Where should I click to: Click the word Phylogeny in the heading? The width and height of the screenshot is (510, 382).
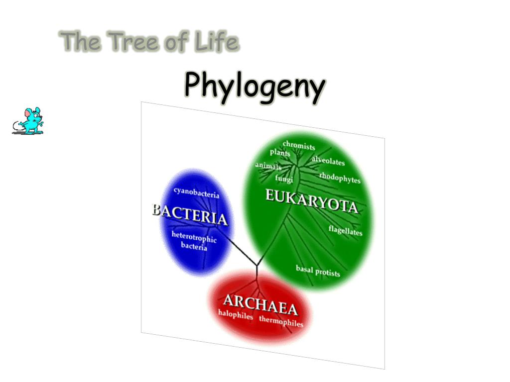tap(255, 86)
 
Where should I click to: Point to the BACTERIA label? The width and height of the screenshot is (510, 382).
tap(189, 215)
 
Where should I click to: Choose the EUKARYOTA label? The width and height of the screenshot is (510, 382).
tap(311, 201)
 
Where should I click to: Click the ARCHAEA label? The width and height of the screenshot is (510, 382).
tap(260, 304)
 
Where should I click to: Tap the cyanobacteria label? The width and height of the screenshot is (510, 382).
tap(196, 192)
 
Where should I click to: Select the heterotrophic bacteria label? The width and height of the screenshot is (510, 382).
tap(194, 241)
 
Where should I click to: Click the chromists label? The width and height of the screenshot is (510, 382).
tap(299, 146)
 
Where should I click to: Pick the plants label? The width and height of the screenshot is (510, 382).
tap(280, 153)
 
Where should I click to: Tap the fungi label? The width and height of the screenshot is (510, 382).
tap(284, 179)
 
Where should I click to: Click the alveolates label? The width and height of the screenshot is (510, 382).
tap(328, 161)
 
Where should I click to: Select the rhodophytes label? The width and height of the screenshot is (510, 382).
tap(340, 178)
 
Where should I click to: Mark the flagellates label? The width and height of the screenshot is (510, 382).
tap(345, 231)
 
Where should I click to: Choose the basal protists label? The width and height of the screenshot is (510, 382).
tap(318, 271)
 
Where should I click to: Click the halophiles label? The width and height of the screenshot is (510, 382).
tap(236, 315)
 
